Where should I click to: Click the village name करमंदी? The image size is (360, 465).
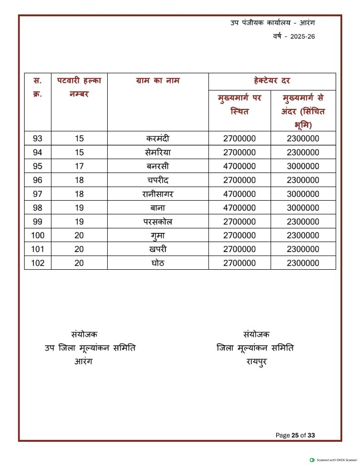158,139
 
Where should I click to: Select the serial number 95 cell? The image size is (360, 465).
38,167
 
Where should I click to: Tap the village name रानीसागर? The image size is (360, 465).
158,194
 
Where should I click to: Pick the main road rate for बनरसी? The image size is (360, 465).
239,167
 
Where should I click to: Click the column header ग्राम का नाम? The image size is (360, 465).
158,81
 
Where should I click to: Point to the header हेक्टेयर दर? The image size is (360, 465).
272,81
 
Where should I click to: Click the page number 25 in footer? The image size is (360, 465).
295,435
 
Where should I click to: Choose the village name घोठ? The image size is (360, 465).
158,263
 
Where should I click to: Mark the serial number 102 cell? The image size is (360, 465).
38,263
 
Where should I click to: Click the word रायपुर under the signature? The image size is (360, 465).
256,362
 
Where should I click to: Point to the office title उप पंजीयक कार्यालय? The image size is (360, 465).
257,22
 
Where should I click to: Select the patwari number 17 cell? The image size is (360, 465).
79,167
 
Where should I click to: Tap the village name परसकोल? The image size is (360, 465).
158,222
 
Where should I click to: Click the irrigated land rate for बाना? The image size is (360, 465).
303,208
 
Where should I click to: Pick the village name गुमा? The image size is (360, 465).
158,236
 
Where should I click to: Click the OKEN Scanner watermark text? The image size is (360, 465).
336,460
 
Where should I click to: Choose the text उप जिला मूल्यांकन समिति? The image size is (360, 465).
90,348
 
